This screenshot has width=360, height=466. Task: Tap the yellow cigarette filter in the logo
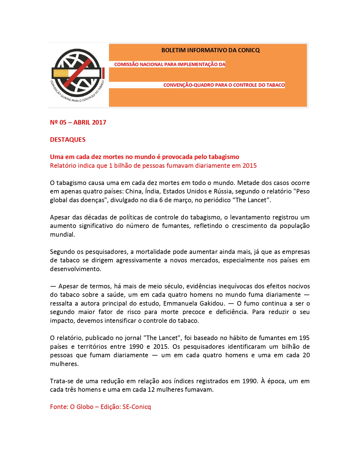[61, 73]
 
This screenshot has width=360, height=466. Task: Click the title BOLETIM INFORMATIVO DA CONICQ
[210, 50]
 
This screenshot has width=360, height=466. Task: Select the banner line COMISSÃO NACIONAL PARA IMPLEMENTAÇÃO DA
[170, 64]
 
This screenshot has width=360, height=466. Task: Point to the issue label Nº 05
[58, 122]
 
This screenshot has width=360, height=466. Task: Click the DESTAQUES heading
[68, 140]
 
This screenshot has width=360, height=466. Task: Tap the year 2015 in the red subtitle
[249, 166]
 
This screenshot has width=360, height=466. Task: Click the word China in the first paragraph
[133, 191]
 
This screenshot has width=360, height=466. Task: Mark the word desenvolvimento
[75, 269]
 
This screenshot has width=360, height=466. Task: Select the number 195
[304, 338]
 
